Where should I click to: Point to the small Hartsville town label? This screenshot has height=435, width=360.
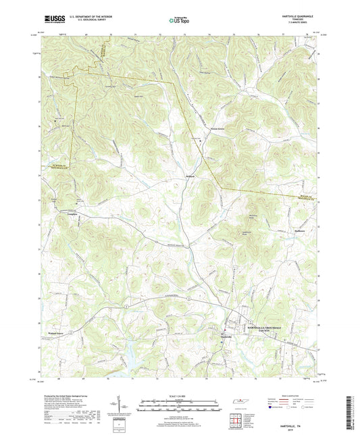click(x=231, y=337)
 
